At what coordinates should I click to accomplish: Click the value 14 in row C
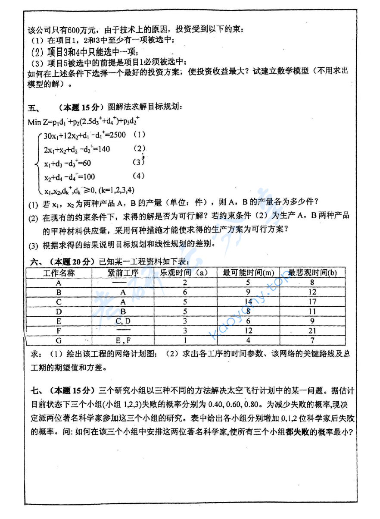tap(248, 302)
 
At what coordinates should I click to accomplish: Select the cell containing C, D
tap(123, 321)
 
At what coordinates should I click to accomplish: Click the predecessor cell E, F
tap(123, 340)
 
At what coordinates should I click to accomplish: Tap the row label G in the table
tap(59, 340)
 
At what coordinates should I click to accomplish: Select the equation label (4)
tap(138, 176)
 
